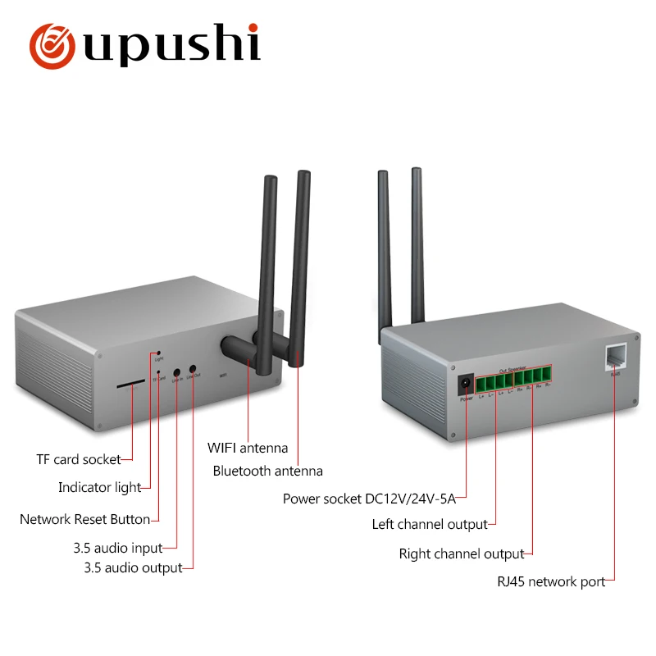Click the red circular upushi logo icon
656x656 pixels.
(55, 47)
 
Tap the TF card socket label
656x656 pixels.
(78, 459)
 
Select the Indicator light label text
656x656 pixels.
(99, 488)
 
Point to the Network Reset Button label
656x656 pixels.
(84, 519)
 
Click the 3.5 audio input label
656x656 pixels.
(118, 548)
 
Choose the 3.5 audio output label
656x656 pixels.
(133, 567)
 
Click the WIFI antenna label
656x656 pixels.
(248, 448)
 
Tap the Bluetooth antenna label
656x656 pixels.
(267, 471)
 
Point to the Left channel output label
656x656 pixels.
(430, 524)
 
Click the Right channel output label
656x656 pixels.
(461, 554)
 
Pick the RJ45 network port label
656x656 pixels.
(551, 582)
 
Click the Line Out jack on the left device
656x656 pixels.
(194, 370)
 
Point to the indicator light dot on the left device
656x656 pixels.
(158, 355)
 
